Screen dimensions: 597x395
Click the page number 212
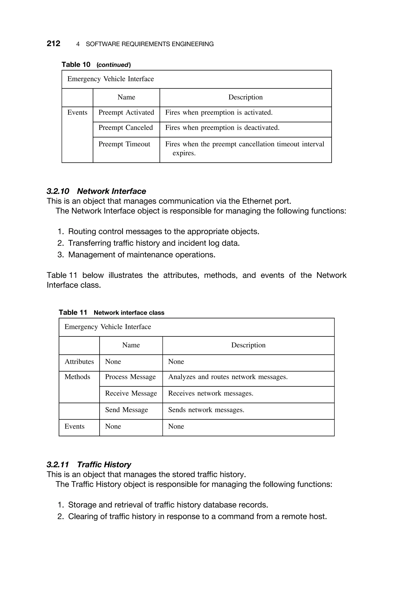click(53, 44)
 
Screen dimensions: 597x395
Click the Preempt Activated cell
click(126, 112)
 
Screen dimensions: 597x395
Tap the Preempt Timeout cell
click(124, 144)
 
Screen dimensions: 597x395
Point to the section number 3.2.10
click(58, 191)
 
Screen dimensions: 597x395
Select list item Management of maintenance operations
click(142, 255)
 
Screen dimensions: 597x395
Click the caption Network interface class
click(129, 313)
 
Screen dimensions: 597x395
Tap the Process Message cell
click(130, 377)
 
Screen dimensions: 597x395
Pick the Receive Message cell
click(131, 393)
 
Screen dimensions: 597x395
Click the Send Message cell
click(127, 410)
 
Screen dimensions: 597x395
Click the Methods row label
click(77, 377)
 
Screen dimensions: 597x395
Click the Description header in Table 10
click(245, 97)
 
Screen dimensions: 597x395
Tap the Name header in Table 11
click(131, 345)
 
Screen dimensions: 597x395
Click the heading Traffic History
click(104, 464)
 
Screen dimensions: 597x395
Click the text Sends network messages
click(206, 410)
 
